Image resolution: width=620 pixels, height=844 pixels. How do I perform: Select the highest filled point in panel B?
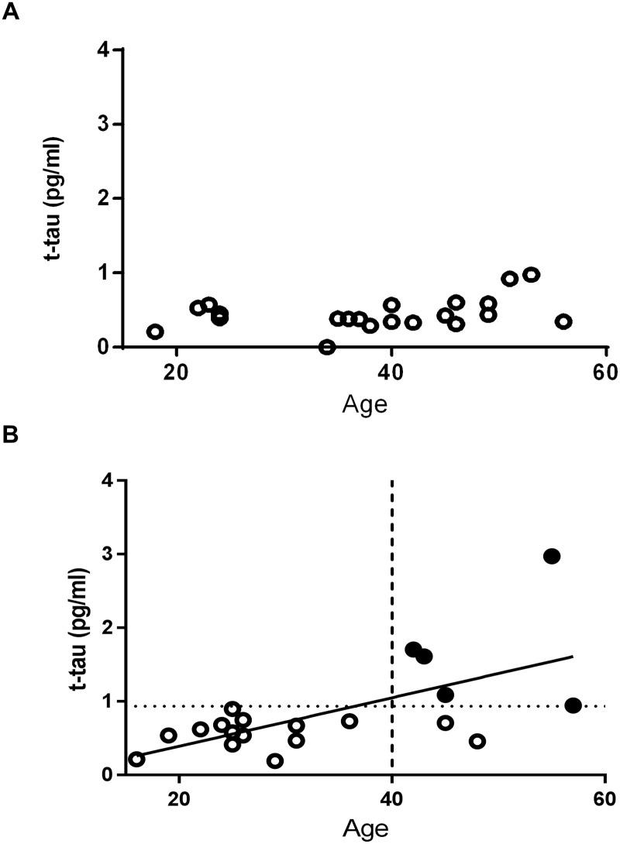point(552,556)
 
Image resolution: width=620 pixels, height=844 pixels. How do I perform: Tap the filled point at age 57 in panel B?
point(573,705)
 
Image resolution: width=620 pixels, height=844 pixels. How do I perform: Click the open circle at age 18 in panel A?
point(155,331)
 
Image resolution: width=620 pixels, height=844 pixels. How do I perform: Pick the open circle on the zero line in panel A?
point(327,347)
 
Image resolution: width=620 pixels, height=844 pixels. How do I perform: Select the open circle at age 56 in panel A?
point(563,321)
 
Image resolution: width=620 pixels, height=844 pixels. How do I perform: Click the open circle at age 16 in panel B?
point(136,759)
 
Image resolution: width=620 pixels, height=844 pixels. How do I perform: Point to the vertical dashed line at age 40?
point(392,542)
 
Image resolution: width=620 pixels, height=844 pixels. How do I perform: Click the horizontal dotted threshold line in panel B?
point(504,705)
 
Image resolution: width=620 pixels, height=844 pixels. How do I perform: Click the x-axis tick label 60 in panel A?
point(605,371)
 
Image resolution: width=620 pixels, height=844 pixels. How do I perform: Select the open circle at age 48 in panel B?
point(477,741)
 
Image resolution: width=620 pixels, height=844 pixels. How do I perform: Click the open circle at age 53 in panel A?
point(531,274)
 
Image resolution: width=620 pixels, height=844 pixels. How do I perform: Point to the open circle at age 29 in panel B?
point(275,760)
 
